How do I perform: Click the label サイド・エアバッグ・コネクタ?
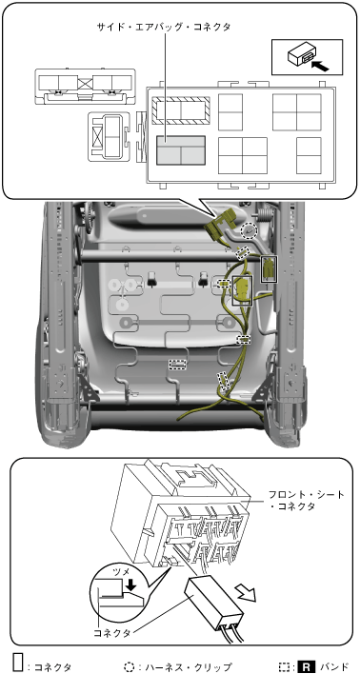[165, 27]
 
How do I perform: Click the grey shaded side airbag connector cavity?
[181, 149]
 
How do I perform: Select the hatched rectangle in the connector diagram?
[181, 110]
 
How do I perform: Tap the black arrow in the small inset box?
[320, 66]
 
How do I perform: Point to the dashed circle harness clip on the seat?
[249, 231]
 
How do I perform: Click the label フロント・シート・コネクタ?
[300, 500]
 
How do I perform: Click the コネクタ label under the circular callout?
[112, 633]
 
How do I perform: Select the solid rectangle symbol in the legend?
[18, 663]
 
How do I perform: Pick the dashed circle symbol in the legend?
[129, 666]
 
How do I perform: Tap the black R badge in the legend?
[306, 666]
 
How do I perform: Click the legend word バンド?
[331, 667]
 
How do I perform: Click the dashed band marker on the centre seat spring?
[177, 365]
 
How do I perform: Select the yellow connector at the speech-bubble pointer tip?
[221, 224]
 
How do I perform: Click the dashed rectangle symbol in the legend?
[284, 666]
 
